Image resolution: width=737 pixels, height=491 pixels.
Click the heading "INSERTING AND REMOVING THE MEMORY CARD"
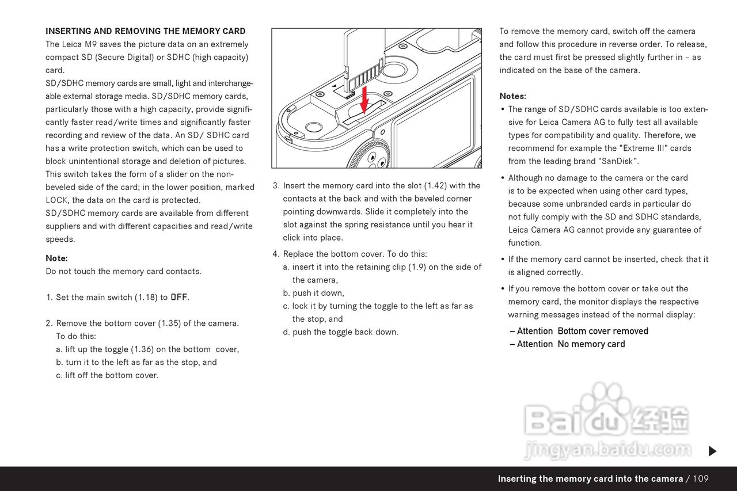(x=146, y=31)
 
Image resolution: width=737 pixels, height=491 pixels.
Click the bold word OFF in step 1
(x=179, y=298)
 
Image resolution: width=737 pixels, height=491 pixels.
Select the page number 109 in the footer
(x=701, y=479)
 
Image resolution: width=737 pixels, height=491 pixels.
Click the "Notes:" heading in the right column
(x=512, y=96)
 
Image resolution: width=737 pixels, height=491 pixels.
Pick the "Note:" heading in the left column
(x=56, y=258)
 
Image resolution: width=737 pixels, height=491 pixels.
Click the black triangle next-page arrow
(x=712, y=451)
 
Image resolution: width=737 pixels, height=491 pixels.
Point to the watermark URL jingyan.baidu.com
(x=607, y=449)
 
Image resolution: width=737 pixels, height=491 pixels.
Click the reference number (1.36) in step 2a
(x=143, y=349)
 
